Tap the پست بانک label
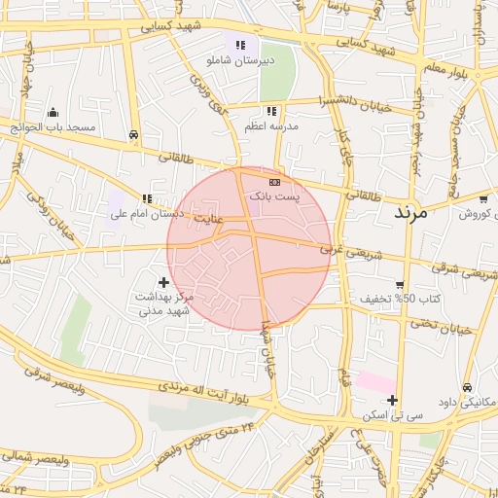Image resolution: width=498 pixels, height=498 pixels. pos(274,196)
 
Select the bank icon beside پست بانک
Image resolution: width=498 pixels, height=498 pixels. pos(274,181)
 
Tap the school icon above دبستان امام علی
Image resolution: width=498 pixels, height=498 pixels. pos(147,198)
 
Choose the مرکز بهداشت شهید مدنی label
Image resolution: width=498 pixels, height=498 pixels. pos(161,302)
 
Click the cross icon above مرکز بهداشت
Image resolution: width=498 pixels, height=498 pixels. pos(163,281)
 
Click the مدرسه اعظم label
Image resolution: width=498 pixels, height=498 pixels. pos(271,126)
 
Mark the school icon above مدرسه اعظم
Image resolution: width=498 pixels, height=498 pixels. pos(270,111)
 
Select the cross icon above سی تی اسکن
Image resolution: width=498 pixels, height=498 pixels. pos(392,400)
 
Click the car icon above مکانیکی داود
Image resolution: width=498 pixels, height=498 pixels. pos(468,386)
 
